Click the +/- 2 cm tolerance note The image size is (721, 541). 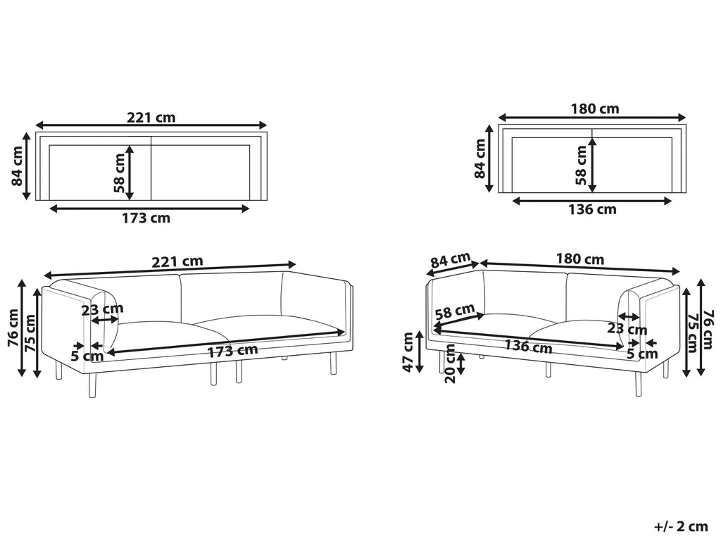click(x=681, y=526)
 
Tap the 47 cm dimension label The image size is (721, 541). click(x=409, y=352)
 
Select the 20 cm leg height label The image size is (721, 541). click(x=451, y=363)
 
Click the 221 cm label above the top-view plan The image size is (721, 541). click(x=151, y=118)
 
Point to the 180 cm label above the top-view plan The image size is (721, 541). click(x=595, y=109)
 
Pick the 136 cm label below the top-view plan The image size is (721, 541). click(x=592, y=210)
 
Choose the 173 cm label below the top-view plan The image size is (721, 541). click(x=146, y=218)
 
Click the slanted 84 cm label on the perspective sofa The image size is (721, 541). click(x=451, y=261)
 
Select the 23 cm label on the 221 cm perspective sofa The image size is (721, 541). click(x=103, y=310)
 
